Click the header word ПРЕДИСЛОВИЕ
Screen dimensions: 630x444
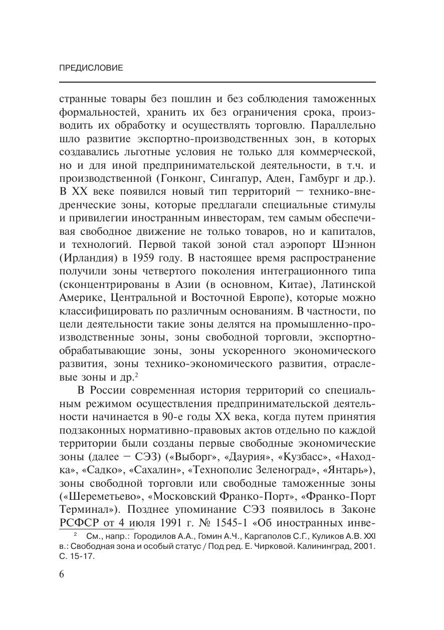click(x=91, y=68)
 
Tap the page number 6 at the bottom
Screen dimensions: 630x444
click(x=62, y=574)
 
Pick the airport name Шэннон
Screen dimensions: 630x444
click(x=353, y=244)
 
